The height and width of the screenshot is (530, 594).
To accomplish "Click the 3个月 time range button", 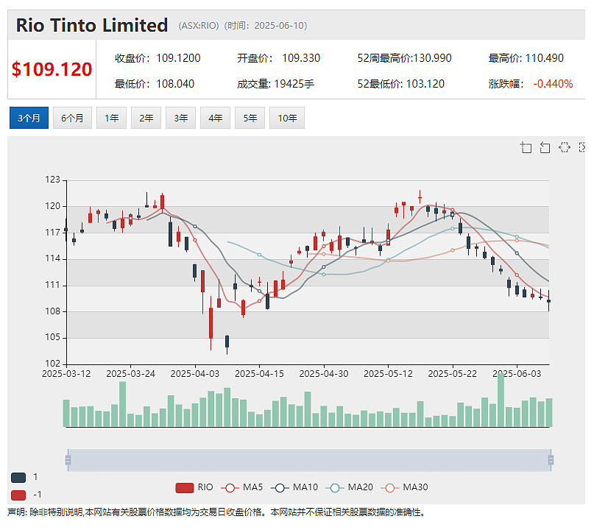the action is (x=29, y=118).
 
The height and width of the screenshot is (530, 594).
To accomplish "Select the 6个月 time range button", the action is (x=72, y=118).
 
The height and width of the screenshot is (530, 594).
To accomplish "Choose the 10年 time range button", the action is (x=287, y=118).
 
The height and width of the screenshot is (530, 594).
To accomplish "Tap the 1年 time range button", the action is (x=111, y=118).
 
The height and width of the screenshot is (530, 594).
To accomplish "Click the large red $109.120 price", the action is (x=52, y=69).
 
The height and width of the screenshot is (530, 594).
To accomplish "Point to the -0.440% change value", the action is (x=553, y=84).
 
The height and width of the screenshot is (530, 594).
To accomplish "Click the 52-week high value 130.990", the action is (x=432, y=58).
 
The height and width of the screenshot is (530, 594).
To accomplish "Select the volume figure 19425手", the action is (x=294, y=84).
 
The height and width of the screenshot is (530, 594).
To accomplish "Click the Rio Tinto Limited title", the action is (x=92, y=25).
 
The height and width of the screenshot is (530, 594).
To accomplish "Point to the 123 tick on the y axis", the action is (x=53, y=180).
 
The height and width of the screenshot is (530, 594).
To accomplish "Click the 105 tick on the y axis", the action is (x=53, y=337).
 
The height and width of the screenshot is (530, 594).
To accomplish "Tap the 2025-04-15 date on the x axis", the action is (x=259, y=373).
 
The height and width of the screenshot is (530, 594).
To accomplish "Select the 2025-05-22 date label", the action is (x=453, y=373).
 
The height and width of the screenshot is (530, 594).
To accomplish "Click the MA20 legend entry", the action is (x=350, y=487).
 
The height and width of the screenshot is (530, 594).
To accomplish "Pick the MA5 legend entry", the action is (x=242, y=487).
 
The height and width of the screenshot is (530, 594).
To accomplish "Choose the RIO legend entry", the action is (x=194, y=487).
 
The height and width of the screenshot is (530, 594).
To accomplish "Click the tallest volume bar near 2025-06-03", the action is (x=501, y=400).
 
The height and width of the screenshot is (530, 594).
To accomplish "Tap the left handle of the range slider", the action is (x=68, y=460).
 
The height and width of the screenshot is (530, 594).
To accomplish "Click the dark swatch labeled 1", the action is (x=18, y=477).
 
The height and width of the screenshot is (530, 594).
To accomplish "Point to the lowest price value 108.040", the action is (x=175, y=84).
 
